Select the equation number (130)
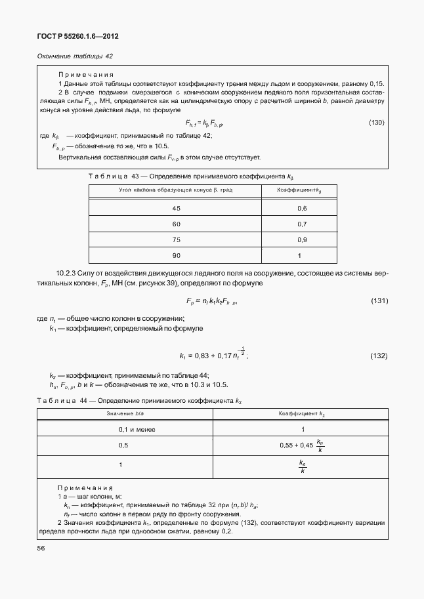coord(376,123)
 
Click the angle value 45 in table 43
coord(176,208)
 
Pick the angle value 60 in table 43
coord(176,224)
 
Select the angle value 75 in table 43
coord(176,239)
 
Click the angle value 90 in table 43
coord(176,255)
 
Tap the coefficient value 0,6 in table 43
coord(302,208)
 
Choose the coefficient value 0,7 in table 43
coord(302,224)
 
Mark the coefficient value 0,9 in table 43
coord(302,239)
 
